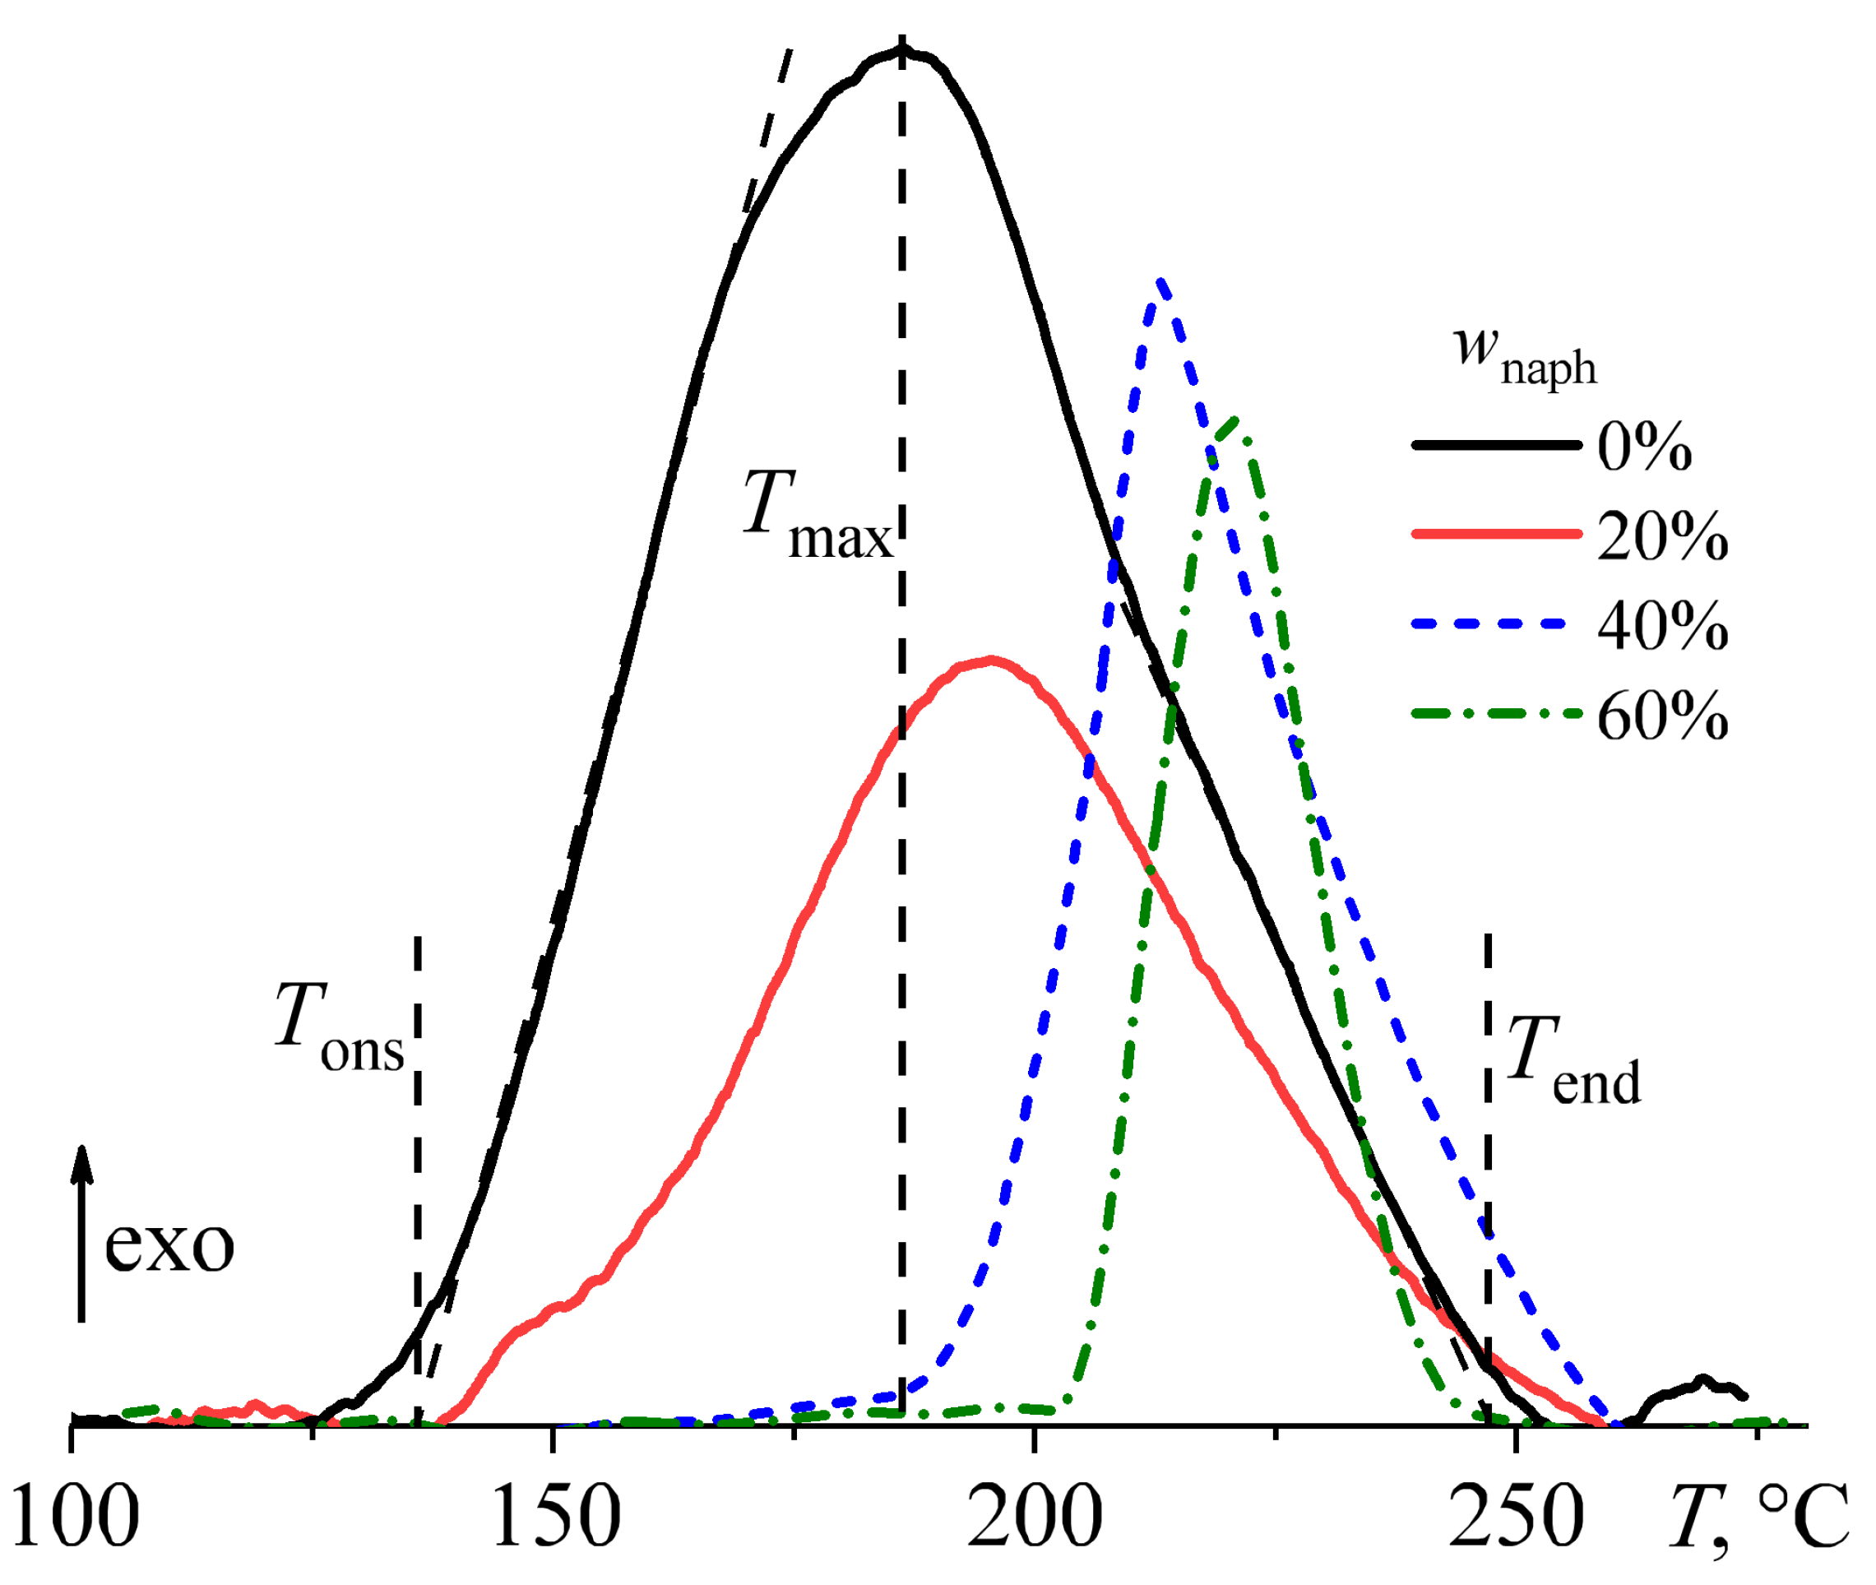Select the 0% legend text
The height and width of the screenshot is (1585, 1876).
(1643, 447)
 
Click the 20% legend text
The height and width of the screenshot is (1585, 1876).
(1661, 536)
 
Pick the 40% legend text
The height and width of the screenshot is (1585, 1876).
(1661, 625)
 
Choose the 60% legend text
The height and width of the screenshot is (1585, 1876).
(1661, 716)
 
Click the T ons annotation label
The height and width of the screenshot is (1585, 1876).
(339, 1027)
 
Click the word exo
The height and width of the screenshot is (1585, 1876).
(169, 1246)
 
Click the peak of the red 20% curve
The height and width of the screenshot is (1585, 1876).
(990, 660)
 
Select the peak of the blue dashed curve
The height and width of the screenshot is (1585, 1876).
(1160, 281)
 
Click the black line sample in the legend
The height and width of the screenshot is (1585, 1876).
(1496, 445)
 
